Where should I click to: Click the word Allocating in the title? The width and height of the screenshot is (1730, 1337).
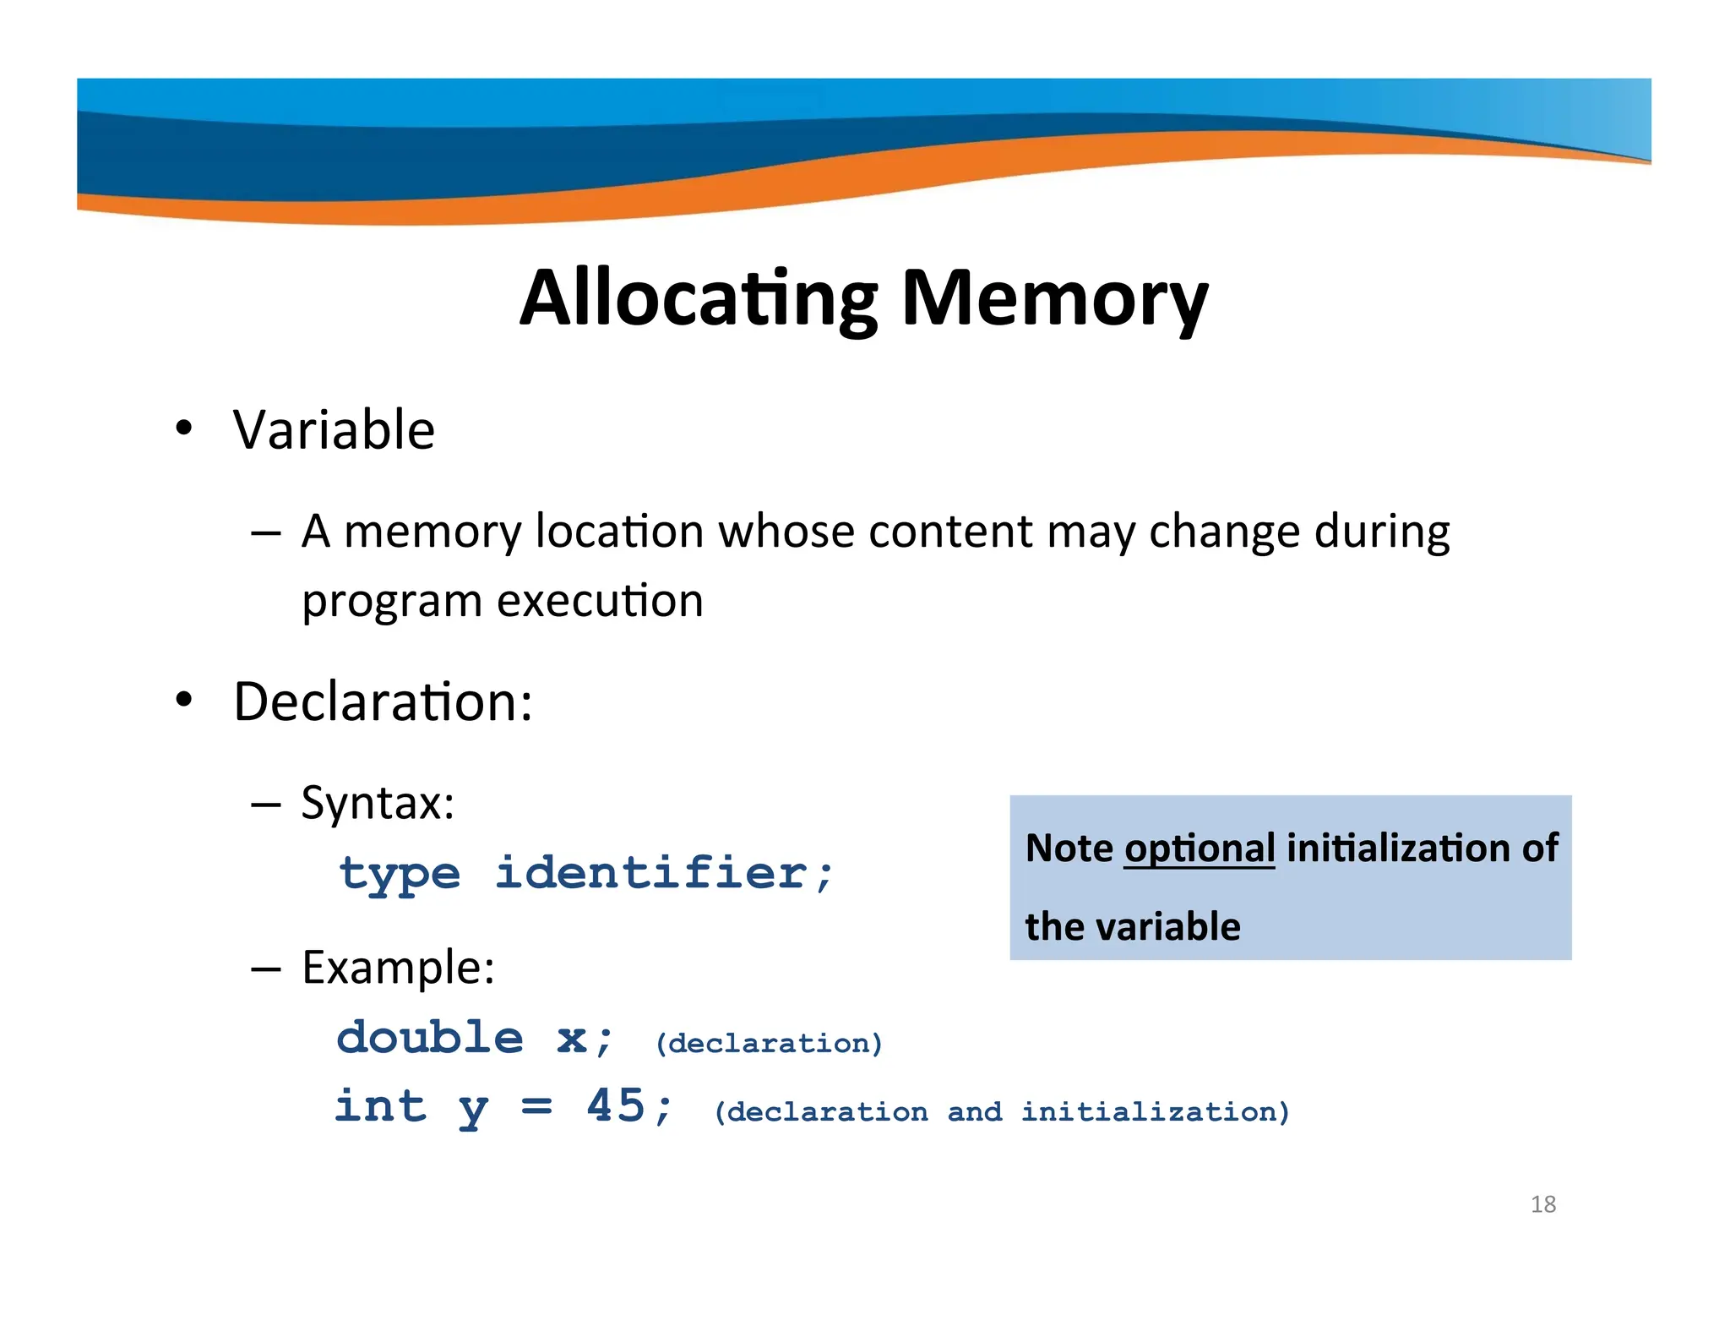pyautogui.click(x=699, y=298)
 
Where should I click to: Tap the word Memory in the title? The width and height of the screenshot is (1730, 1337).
pyautogui.click(x=1055, y=298)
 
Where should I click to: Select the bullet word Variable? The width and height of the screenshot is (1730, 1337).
pyautogui.click(x=334, y=430)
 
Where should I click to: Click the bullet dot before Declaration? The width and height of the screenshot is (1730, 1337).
pyautogui.click(x=184, y=700)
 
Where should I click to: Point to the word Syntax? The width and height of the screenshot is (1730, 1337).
pyautogui.click(x=378, y=802)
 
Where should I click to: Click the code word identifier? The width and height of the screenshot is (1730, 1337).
pyautogui.click(x=664, y=872)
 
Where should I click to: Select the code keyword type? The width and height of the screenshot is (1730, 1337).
pyautogui.click(x=400, y=874)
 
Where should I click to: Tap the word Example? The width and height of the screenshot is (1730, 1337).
pyautogui.click(x=398, y=967)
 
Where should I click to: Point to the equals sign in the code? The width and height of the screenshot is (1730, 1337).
pyautogui.click(x=536, y=1106)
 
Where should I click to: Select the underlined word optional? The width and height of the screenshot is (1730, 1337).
pyautogui.click(x=1200, y=849)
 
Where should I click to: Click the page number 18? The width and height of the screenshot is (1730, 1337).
pyautogui.click(x=1542, y=1204)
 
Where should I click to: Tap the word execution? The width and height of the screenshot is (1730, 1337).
pyautogui.click(x=600, y=601)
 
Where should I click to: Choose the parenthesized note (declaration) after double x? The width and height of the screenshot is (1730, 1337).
pyautogui.click(x=770, y=1044)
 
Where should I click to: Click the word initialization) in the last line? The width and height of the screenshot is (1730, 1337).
pyautogui.click(x=1156, y=1112)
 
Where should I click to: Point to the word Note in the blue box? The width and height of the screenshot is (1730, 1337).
pyautogui.click(x=1069, y=849)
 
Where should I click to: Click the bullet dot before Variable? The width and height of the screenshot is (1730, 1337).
pyautogui.click(x=184, y=428)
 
